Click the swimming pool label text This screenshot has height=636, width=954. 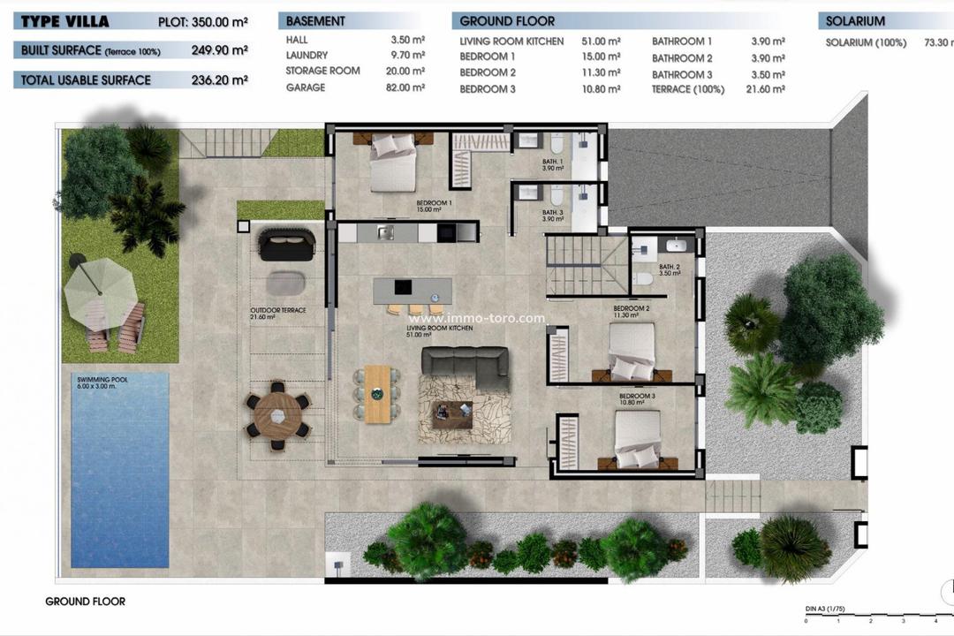point(98,382)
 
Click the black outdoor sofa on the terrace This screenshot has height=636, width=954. point(285,244)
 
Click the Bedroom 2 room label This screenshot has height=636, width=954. point(631,309)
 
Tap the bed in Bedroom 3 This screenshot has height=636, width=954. point(637,439)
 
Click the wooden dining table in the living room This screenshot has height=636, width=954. point(377,393)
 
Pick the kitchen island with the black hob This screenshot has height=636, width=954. point(412,290)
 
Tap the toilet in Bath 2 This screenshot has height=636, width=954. point(645,278)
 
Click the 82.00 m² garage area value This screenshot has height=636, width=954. point(407,88)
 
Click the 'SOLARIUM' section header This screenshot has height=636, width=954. point(855,21)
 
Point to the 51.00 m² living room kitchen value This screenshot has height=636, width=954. point(602,42)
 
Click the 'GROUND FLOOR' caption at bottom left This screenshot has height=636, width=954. point(85,602)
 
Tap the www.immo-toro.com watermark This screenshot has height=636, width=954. point(476,319)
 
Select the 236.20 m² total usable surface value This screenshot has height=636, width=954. point(219,80)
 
